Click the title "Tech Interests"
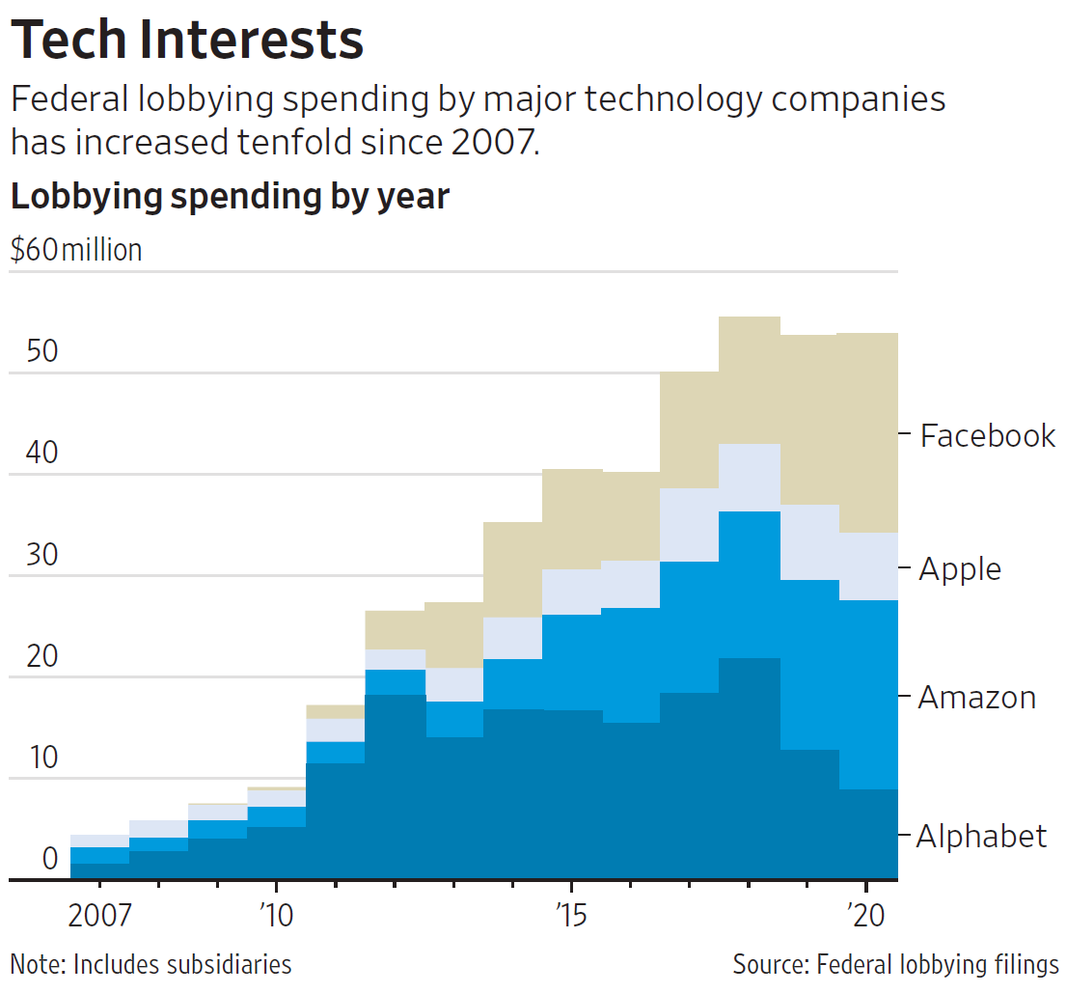tap(187, 40)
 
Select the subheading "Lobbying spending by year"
tap(230, 196)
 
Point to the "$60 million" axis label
tap(76, 250)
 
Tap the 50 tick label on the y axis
tap(42, 351)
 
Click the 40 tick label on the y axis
tap(42, 453)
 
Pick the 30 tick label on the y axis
tap(42, 555)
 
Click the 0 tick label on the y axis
tap(49, 859)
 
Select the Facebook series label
tap(988, 436)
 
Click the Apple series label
tap(960, 569)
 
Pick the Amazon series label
tap(976, 698)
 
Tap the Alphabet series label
tap(981, 836)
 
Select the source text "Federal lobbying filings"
tap(938, 964)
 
